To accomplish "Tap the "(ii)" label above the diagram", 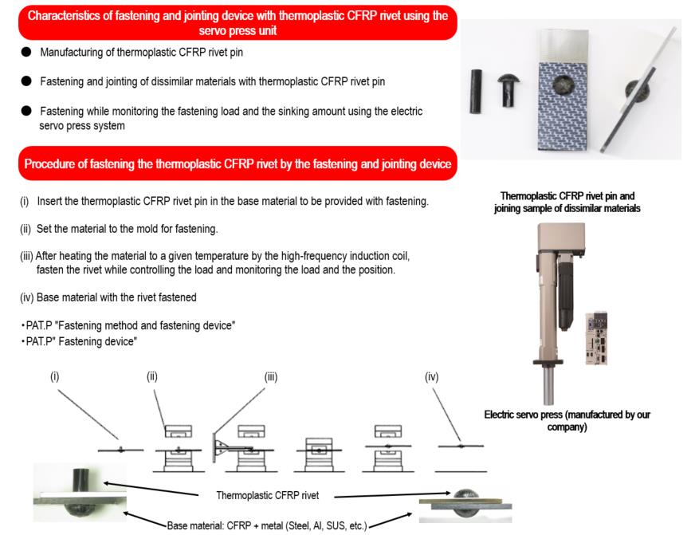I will click(151, 376).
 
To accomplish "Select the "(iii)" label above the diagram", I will click(271, 376).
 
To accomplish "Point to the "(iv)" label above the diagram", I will click(433, 376).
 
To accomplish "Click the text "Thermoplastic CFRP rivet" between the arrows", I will click(268, 495).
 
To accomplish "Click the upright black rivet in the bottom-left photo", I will click(81, 478).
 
